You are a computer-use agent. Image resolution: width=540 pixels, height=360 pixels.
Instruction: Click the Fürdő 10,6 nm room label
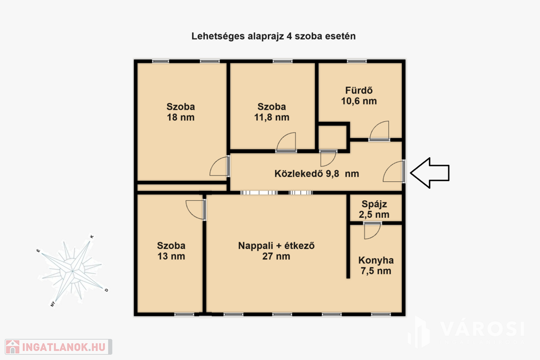click(359, 96)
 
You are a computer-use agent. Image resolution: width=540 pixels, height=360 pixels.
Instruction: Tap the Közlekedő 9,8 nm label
click(316, 173)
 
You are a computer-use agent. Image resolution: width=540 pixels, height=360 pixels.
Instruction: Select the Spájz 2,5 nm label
click(374, 209)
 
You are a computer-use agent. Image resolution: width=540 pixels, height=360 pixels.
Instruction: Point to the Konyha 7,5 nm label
click(375, 265)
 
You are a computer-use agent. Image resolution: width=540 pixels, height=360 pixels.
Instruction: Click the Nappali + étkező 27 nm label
click(276, 251)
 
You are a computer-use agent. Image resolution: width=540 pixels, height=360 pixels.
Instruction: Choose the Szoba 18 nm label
click(181, 112)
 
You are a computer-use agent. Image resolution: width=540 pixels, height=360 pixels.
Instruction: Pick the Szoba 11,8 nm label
click(272, 112)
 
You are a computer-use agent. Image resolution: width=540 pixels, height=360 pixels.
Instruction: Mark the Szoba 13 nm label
click(171, 251)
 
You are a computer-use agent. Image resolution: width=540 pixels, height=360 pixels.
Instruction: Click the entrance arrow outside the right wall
click(430, 173)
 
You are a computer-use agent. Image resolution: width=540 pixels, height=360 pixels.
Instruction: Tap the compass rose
click(72, 271)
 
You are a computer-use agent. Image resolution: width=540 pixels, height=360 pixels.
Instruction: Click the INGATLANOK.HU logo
click(58, 347)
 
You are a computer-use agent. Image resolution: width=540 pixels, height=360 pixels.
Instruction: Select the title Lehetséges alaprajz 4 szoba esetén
click(274, 36)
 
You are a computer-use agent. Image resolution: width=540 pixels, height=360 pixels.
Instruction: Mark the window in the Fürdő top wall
click(357, 61)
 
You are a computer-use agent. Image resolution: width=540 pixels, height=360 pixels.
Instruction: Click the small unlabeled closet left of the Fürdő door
click(332, 138)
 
